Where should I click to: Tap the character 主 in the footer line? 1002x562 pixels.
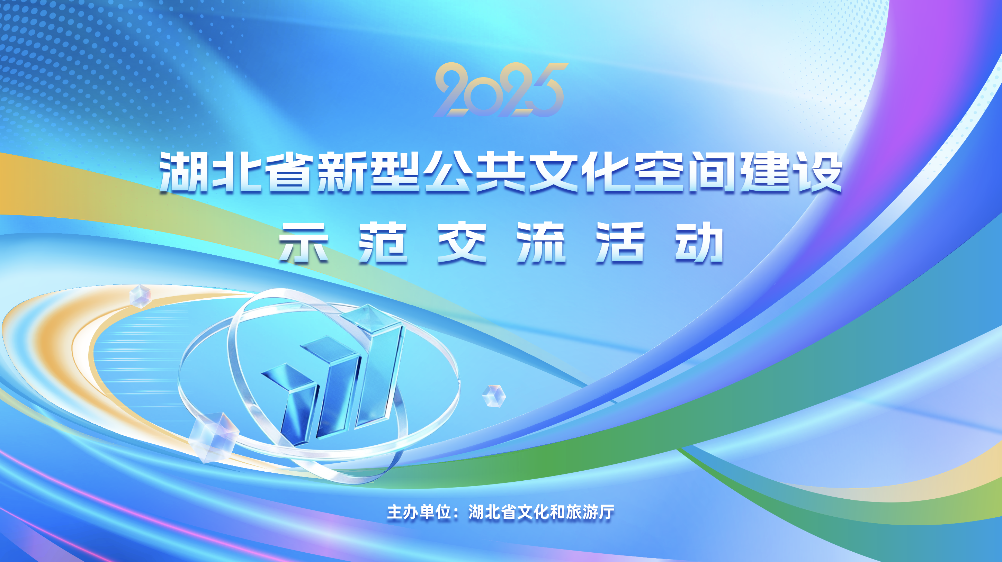[x=394, y=512]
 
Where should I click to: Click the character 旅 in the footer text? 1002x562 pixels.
[x=574, y=512]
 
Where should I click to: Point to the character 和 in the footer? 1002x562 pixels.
[x=557, y=512]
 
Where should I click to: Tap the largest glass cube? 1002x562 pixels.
[x=214, y=437]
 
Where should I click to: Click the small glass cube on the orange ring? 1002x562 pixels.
[x=140, y=296]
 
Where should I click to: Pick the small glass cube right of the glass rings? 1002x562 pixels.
[x=494, y=396]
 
